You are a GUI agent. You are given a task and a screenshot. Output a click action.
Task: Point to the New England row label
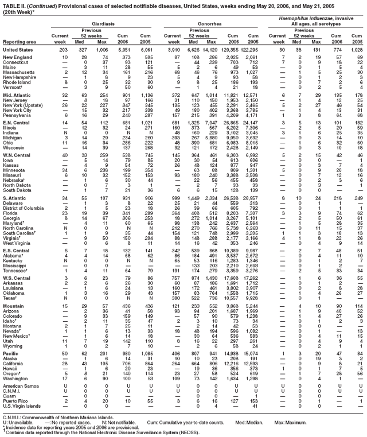pyautogui.click(x=18, y=58)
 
